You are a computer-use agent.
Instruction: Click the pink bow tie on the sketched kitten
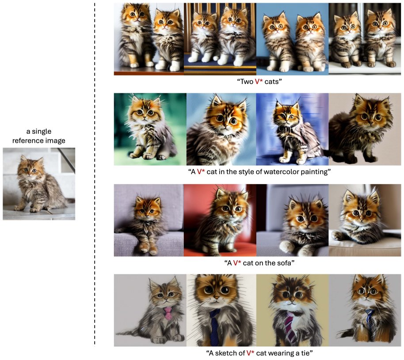coord(168,313)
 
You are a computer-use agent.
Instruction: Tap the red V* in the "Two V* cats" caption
coord(259,82)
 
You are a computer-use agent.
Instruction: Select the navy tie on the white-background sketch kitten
coord(214,327)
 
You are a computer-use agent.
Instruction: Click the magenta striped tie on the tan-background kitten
coord(290,326)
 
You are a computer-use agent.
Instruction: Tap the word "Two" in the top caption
coord(247,82)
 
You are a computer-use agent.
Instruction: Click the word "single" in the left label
coord(42,132)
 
